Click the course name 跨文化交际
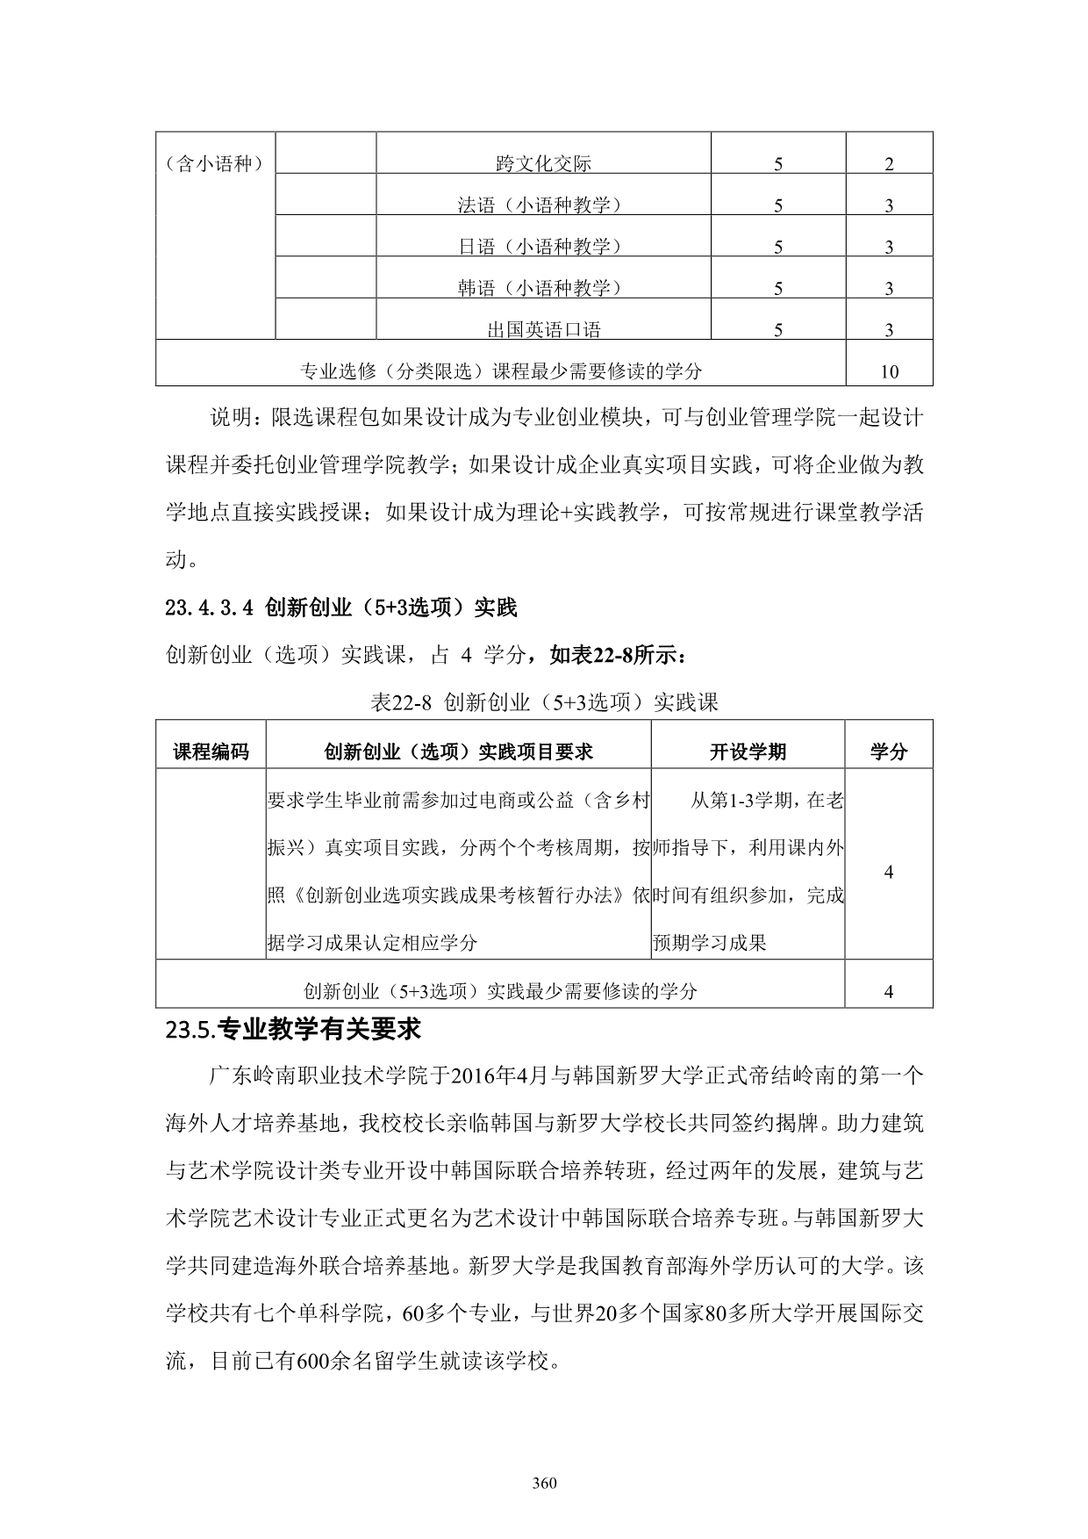pyautogui.click(x=543, y=163)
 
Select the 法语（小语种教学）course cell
pyautogui.click(x=543, y=205)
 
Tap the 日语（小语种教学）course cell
pyautogui.click(x=543, y=247)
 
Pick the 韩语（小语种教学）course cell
pyautogui.click(x=543, y=288)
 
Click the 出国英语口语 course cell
pyautogui.click(x=543, y=330)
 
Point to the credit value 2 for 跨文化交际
pyautogui.click(x=889, y=163)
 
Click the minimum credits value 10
pyautogui.click(x=889, y=371)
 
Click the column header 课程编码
pyautogui.click(x=211, y=752)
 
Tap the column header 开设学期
pyautogui.click(x=748, y=752)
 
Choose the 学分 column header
pyautogui.click(x=888, y=752)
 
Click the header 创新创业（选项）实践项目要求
pyautogui.click(x=458, y=752)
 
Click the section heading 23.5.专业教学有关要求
pyautogui.click(x=293, y=1029)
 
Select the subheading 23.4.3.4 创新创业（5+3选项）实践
pyautogui.click(x=341, y=607)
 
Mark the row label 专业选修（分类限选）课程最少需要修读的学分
pyautogui.click(x=501, y=371)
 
